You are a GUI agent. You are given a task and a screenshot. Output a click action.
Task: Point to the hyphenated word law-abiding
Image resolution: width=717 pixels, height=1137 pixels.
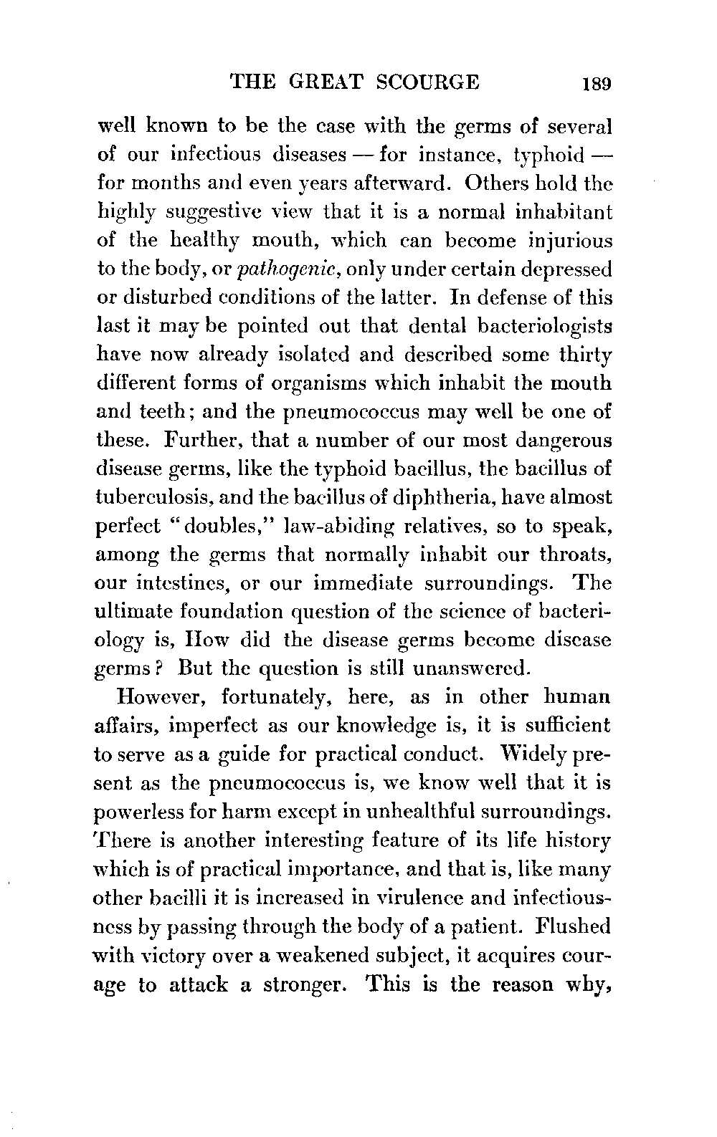[x=336, y=526]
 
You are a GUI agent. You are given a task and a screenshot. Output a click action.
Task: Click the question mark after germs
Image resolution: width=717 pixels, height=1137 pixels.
[x=163, y=668]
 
